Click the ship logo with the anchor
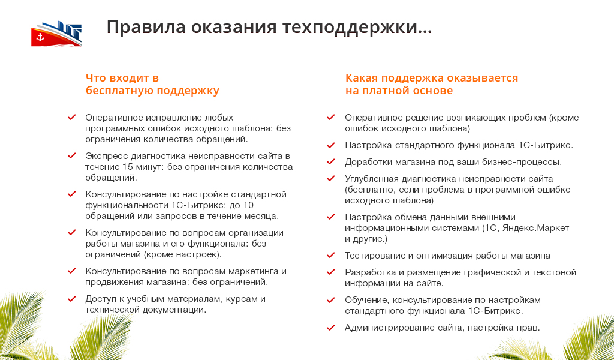coord(56,34)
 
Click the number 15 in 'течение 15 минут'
coord(128,167)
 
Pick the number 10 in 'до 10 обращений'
coord(248,205)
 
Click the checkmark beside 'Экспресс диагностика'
coord(72,156)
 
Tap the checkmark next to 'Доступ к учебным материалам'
coord(72,299)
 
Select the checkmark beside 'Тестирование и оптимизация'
coord(331,256)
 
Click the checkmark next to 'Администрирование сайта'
coord(331,328)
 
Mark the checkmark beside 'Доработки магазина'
coord(331,162)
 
